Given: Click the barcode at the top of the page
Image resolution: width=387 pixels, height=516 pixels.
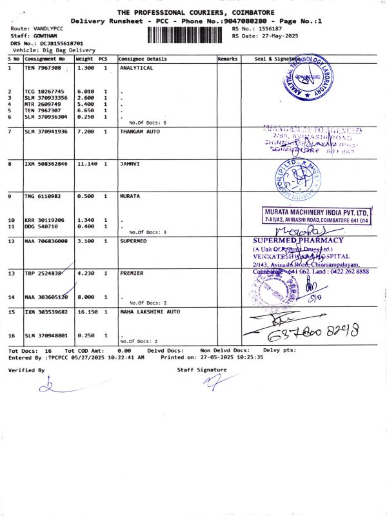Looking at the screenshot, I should pyautogui.click(x=184, y=34).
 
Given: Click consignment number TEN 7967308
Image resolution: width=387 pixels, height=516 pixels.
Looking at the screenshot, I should pyautogui.click(x=43, y=68).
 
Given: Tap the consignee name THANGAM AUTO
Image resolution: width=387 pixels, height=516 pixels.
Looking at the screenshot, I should pyautogui.click(x=139, y=132).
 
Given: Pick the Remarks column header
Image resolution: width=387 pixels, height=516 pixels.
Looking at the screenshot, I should pyautogui.click(x=228, y=59).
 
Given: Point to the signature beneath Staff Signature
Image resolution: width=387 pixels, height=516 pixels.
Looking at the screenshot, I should pyautogui.click(x=210, y=382).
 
